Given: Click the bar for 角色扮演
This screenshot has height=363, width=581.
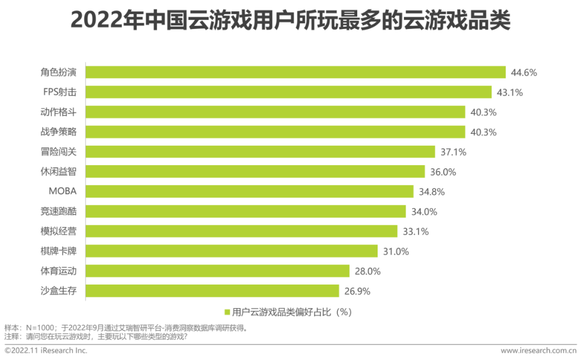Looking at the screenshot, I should (296, 73).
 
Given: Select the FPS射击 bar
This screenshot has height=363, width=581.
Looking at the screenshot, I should (289, 92).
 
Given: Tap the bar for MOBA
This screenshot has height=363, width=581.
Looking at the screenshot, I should (250, 191).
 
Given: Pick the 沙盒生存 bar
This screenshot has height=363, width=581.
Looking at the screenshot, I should (212, 291).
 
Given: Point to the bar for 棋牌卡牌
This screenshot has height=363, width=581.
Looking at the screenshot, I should (232, 251).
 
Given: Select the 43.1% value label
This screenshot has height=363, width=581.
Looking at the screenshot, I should (509, 92).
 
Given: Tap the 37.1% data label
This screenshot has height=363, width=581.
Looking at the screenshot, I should (453, 152).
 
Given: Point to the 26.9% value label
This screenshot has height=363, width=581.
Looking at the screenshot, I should (357, 291).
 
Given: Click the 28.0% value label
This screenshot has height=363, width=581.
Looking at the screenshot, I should (367, 272).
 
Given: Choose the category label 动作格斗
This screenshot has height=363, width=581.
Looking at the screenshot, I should (59, 112).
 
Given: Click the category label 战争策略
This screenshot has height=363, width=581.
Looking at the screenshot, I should (59, 132).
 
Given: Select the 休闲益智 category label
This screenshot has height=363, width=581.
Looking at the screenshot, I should (59, 172).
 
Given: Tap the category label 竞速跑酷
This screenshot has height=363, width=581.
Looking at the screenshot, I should (59, 212).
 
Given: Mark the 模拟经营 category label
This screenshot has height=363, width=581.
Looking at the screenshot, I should (59, 232).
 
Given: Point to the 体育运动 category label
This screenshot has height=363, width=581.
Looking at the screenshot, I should (59, 272).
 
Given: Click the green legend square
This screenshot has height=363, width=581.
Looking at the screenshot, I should (227, 312).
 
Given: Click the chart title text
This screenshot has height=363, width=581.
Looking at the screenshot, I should (290, 22).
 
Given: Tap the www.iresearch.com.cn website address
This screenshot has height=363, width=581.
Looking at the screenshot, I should (537, 351).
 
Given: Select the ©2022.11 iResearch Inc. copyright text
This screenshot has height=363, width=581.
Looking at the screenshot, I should (46, 351).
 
